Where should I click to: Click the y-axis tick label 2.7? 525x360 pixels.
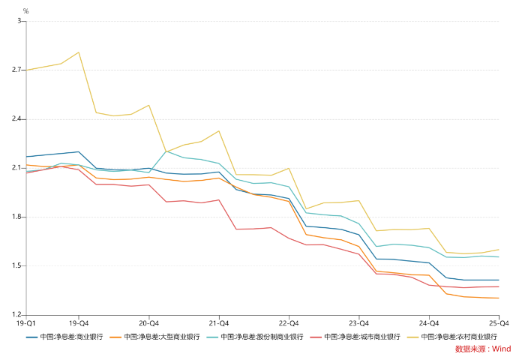[x=17, y=70]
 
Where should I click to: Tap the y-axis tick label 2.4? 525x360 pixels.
[x=17, y=119]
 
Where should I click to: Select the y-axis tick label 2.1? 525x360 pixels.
[x=17, y=168]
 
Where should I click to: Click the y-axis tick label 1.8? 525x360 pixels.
[x=17, y=217]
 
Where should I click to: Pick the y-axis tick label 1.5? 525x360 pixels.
[x=17, y=265]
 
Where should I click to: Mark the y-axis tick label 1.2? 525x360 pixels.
[x=17, y=315]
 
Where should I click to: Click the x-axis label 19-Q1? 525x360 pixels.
[x=26, y=322]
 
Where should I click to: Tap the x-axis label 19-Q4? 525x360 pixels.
[x=79, y=322]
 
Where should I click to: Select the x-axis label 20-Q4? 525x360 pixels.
[x=148, y=322]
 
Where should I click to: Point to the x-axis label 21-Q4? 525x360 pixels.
[x=219, y=322]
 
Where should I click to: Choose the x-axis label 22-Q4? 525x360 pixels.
[x=289, y=322]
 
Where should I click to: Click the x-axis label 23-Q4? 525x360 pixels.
[x=358, y=322]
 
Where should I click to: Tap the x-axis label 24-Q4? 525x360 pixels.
[x=429, y=322]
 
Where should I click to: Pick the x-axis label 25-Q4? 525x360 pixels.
[x=498, y=322]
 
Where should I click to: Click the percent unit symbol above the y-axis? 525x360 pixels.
[x=25, y=11]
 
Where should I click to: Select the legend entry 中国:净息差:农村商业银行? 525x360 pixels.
[x=458, y=337]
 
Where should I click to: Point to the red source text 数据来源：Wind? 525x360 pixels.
[x=482, y=349]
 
